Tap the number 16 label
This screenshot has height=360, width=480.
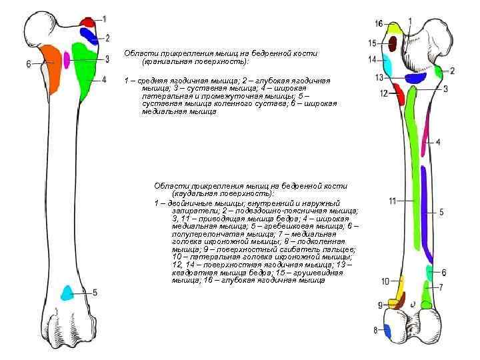pos(379,24)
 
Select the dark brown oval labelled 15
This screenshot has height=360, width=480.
pos(393,44)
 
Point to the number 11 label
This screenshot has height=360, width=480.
pos(393,200)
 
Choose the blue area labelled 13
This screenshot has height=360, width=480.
pos(415,78)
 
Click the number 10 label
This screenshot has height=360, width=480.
pos(385,280)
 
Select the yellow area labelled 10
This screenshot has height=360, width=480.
pos(401,287)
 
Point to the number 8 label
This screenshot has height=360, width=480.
pos(376,330)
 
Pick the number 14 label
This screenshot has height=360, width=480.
pos(371,59)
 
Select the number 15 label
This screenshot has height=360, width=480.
pos(372,43)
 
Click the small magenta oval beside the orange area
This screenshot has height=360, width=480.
pos(67,59)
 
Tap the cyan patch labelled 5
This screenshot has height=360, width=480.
pos(67,292)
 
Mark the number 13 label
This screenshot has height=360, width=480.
pos(379,77)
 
